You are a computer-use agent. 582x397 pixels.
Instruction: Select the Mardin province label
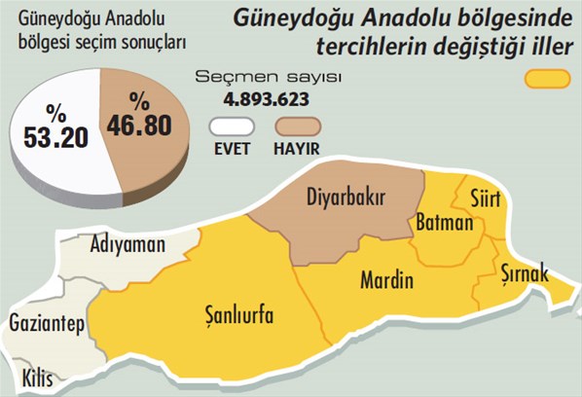[386, 282]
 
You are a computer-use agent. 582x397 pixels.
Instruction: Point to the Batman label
[444, 225]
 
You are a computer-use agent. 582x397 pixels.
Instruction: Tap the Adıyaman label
[127, 244]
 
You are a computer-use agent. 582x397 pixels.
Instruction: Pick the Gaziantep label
[46, 323]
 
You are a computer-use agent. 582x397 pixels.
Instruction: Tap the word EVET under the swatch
[232, 149]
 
